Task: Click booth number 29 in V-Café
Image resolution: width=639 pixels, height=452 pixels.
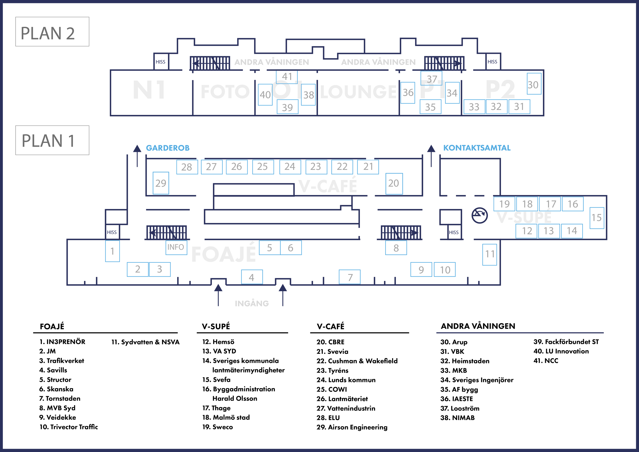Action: [161, 183]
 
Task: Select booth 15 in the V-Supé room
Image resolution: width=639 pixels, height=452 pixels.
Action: [597, 218]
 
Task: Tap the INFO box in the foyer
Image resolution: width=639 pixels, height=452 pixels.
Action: [176, 247]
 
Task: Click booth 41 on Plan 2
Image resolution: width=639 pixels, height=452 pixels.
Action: [287, 76]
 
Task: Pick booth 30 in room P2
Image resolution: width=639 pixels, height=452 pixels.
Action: [534, 84]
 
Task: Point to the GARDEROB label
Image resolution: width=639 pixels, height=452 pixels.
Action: [167, 148]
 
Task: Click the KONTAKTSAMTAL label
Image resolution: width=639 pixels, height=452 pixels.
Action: [477, 148]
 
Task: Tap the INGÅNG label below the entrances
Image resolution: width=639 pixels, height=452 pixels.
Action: [252, 303]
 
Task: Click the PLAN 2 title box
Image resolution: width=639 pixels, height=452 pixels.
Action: [52, 32]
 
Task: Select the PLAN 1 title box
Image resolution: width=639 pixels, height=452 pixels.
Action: [52, 140]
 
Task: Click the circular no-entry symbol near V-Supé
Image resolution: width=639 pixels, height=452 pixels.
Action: [480, 216]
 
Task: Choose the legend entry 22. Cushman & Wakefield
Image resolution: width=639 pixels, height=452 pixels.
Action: [357, 361]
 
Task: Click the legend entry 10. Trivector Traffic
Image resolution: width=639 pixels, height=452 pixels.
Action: [69, 427]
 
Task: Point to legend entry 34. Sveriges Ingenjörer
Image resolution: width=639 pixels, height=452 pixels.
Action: [477, 380]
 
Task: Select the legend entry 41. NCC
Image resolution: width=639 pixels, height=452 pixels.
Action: [546, 361]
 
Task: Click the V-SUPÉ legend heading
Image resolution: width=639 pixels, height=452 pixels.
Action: [216, 326]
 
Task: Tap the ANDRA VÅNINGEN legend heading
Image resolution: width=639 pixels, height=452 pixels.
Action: [478, 326]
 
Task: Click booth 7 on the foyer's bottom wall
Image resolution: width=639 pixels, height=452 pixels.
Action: [350, 277]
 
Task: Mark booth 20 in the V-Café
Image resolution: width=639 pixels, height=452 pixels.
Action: [394, 183]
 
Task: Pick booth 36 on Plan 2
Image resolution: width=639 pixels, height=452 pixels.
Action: [408, 93]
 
